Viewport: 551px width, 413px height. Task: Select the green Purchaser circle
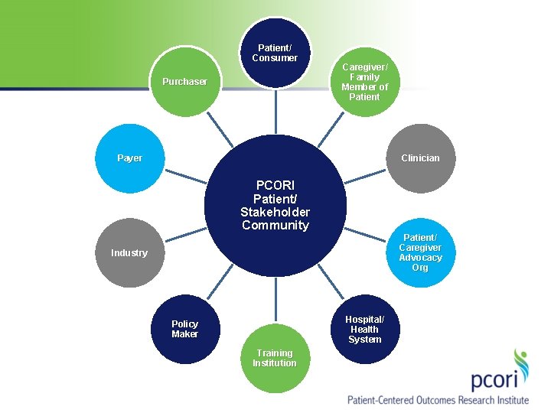tap(184, 82)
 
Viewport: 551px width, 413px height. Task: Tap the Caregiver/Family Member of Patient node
tap(364, 82)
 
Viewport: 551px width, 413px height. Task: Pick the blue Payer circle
tap(130, 158)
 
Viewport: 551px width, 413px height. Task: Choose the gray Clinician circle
tap(420, 158)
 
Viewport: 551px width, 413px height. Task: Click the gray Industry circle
tap(129, 252)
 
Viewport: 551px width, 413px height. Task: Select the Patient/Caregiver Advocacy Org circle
tap(420, 252)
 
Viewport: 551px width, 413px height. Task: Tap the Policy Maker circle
tap(184, 329)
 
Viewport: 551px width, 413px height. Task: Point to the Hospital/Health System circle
tap(364, 329)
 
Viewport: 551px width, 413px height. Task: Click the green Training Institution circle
tap(275, 358)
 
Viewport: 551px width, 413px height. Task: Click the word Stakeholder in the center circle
tap(275, 212)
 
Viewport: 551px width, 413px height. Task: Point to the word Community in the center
tap(275, 225)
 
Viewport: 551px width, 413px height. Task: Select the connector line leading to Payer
tap(185, 177)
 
